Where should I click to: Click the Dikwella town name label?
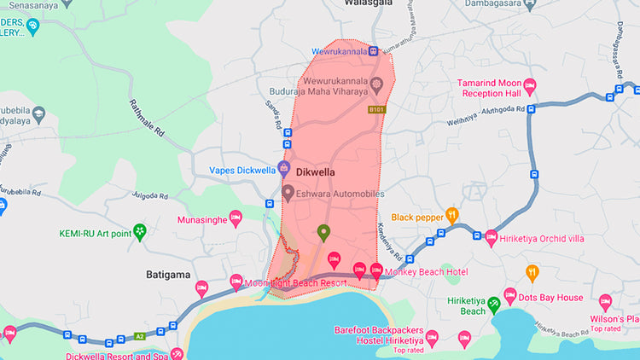coord(316,171)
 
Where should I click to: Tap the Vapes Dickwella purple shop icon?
coord(284,169)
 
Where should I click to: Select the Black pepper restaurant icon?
coord(452,217)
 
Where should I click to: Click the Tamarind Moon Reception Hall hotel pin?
coord(529,85)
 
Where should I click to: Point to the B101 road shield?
coord(376,110)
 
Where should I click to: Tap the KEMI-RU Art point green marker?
coord(140,231)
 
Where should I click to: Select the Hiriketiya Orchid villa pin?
coord(491,238)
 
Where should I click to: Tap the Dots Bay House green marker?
coord(509,296)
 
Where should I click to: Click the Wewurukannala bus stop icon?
coord(374,51)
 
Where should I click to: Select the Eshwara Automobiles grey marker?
coord(288,195)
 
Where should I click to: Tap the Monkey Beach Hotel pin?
coord(376,271)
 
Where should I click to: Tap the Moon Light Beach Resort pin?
coord(236,282)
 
